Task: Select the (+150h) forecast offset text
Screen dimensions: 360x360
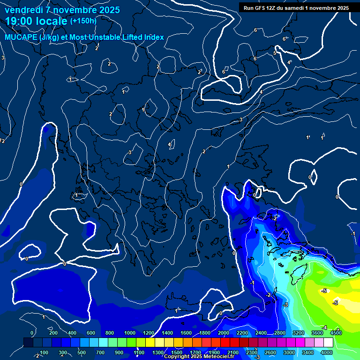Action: pos(83,21)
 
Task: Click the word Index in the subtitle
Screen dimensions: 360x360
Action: pos(154,37)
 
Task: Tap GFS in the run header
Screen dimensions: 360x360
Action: pos(262,8)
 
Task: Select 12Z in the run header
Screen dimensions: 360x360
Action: pos(275,8)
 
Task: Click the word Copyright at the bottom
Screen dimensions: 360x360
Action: pos(177,357)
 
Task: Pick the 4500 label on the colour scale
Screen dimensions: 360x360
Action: pos(336,333)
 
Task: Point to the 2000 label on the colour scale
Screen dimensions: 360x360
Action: pos(224,333)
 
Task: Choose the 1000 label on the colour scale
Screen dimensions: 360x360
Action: pos(130,333)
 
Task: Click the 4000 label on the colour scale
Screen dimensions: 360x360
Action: pos(327,352)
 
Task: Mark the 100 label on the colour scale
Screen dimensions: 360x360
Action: pos(44,352)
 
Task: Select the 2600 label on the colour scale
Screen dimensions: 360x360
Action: pos(270,352)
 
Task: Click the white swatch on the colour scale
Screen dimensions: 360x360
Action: pos(328,343)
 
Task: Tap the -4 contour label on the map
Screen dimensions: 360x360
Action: pos(324,327)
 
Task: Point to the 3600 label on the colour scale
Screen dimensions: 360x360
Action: pos(317,333)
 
